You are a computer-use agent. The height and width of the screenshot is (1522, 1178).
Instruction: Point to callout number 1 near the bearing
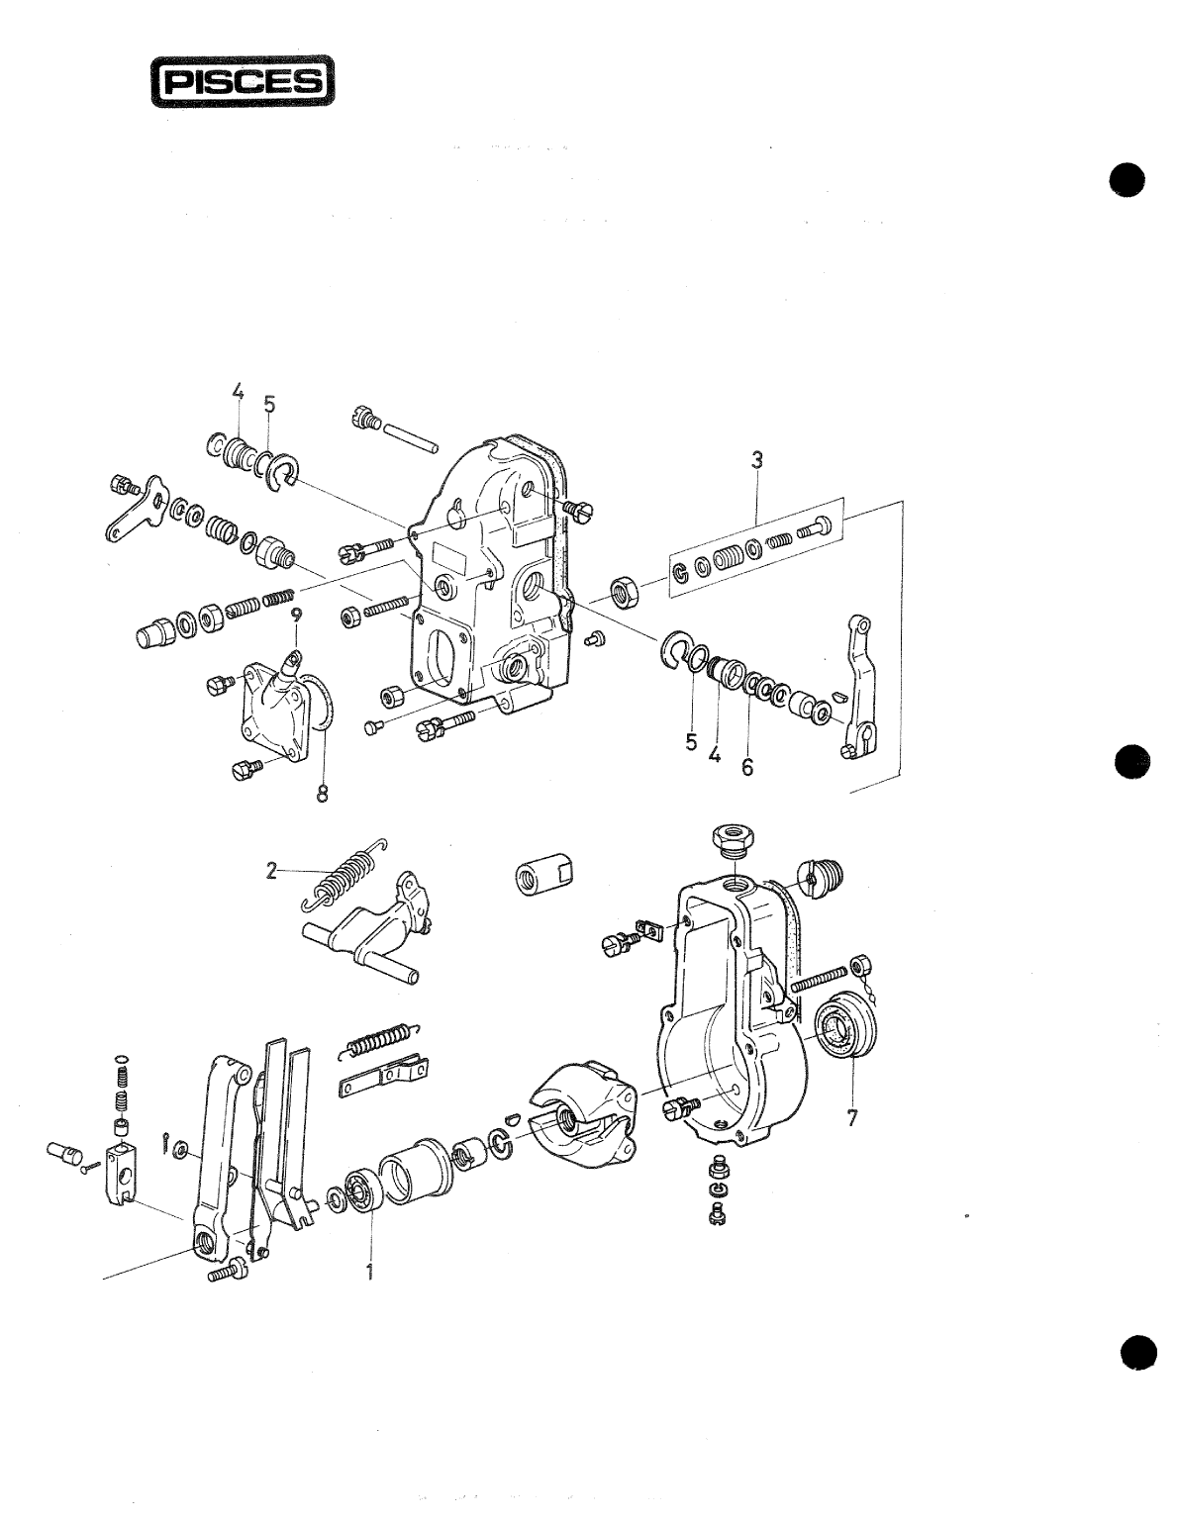pyautogui.click(x=370, y=1272)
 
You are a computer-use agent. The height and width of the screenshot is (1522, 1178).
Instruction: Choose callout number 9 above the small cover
pyautogui.click(x=296, y=616)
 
